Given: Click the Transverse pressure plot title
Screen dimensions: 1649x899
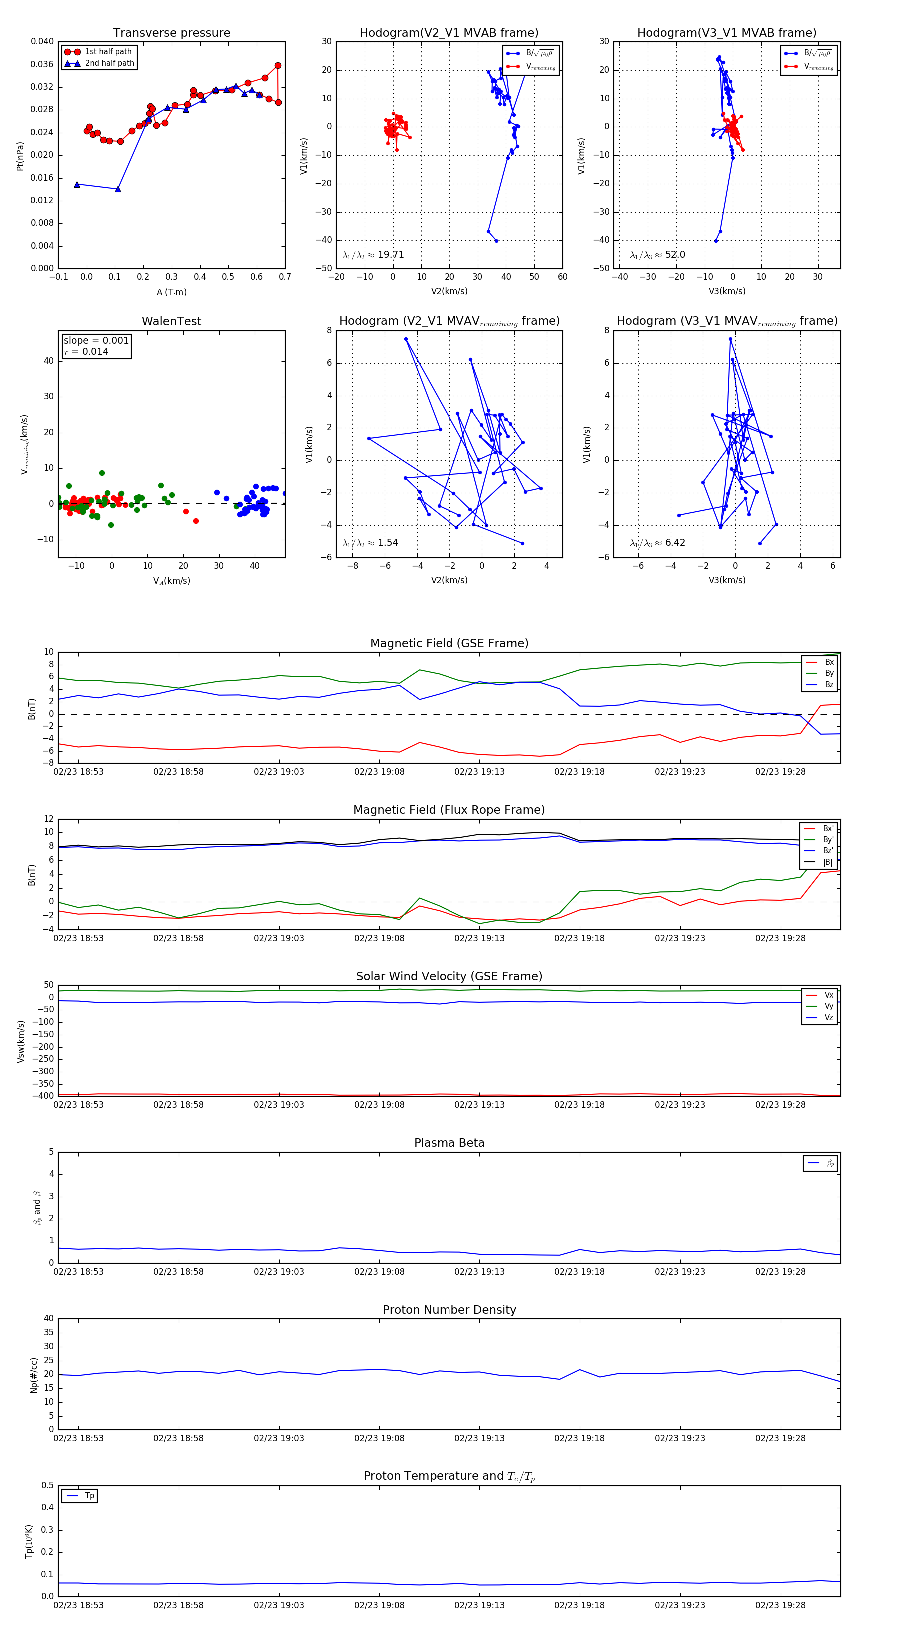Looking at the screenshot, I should pos(171,33).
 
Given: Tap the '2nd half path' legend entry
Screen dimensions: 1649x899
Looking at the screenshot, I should pos(109,63).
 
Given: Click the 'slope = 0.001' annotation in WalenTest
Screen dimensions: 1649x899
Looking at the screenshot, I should pos(96,341).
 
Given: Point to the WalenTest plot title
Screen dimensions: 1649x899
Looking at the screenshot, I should pos(171,321).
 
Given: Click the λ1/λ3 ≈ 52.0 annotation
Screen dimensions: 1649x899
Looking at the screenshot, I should pos(657,255).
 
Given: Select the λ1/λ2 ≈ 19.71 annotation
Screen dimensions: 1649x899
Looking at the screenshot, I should pos(373,255).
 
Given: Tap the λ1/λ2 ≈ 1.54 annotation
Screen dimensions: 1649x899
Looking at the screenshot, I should pos(370,543).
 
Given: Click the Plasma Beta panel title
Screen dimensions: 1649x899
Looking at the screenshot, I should pos(449,1143).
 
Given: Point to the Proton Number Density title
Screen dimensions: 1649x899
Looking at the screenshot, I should pos(449,1309).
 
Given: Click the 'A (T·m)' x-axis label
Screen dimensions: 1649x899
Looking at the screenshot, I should pos(171,292).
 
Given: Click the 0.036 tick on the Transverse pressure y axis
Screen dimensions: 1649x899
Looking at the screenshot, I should pos(42,64).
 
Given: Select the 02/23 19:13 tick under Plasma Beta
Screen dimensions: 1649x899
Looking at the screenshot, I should pos(479,1271).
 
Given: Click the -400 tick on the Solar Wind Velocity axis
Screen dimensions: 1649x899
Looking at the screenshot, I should pos(43,1095).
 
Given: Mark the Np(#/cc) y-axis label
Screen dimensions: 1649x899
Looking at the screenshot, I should pos(34,1375).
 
